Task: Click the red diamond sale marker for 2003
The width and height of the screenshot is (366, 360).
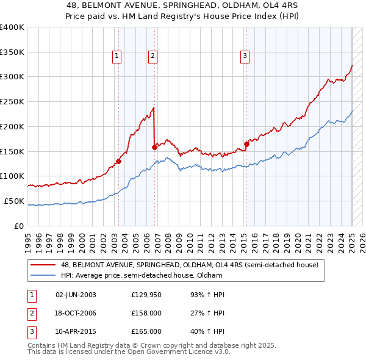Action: pos(118,162)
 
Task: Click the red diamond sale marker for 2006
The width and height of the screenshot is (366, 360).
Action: pos(155,147)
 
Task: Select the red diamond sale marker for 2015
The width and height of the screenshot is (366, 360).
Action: pos(246,144)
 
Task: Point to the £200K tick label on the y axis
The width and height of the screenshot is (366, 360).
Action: pos(12,126)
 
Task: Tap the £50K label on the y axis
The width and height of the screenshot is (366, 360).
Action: pos(14,201)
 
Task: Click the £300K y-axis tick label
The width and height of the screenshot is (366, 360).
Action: pos(12,77)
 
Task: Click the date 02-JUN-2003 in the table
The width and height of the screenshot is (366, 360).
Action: pos(76,295)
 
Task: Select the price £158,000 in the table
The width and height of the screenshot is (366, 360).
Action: pos(146,313)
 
